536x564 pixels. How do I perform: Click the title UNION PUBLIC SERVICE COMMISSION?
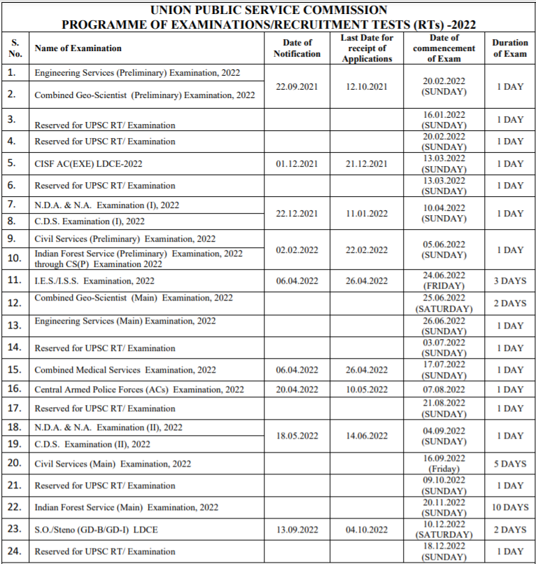[268, 10]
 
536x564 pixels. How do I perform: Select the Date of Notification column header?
[297, 48]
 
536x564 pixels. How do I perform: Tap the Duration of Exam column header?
[509, 48]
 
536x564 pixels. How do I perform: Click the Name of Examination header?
[78, 48]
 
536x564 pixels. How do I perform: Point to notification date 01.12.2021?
[297, 164]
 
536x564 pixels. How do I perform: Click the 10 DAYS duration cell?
[509, 507]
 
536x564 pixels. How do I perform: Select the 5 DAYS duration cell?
[509, 463]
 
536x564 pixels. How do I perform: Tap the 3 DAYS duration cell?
[509, 281]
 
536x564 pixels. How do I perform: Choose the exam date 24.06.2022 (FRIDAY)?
[444, 281]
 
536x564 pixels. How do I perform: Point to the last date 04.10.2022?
[367, 530]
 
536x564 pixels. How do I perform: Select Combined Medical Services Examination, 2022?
[125, 370]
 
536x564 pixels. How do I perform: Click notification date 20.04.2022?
[297, 390]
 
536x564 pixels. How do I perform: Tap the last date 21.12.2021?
[367, 164]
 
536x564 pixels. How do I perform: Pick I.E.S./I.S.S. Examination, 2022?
[94, 282]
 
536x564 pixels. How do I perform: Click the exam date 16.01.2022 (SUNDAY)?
[444, 119]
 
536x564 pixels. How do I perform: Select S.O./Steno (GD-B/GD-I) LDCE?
[96, 530]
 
